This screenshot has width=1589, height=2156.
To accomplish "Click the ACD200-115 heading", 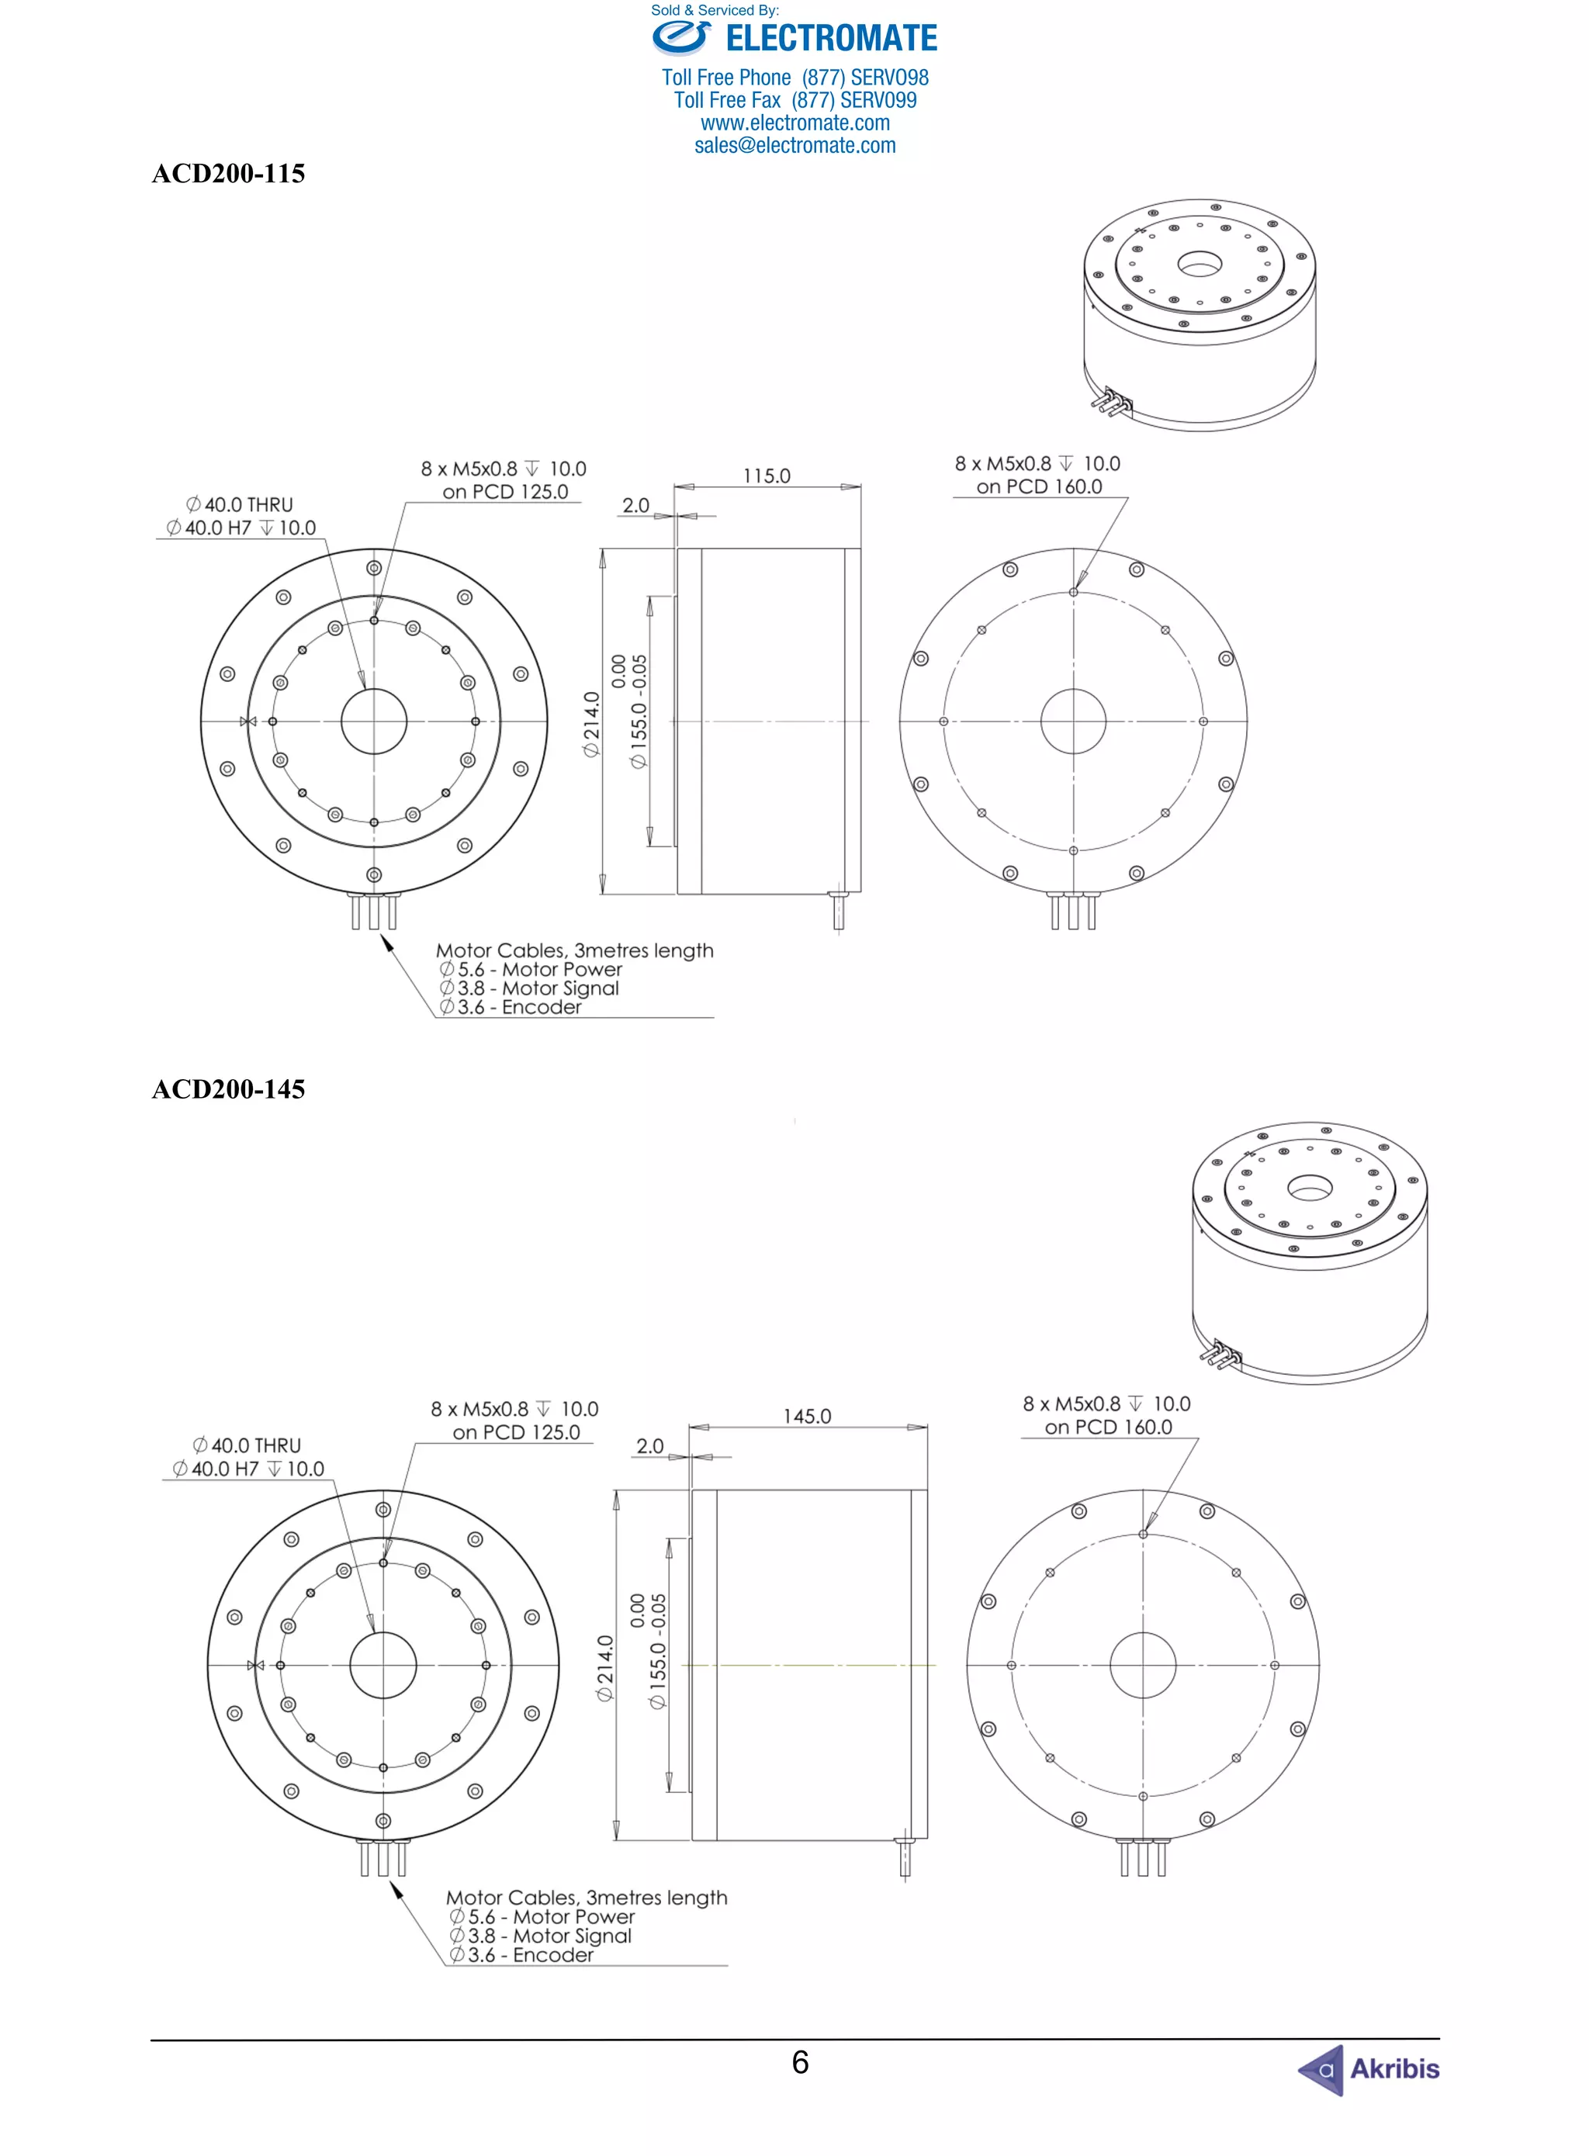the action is (x=228, y=174).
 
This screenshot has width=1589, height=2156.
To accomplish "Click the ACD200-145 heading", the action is (x=228, y=1089).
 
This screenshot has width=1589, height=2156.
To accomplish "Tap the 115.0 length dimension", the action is (x=767, y=476).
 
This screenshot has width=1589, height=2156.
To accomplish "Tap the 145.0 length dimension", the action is (x=807, y=1417).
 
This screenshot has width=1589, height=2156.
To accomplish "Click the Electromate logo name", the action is (x=831, y=39).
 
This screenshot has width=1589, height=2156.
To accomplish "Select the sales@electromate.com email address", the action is (x=794, y=146).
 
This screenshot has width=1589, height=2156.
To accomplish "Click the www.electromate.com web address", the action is (x=794, y=123).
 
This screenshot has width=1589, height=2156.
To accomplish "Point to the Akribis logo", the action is (x=1369, y=2068).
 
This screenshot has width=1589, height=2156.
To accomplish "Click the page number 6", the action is (x=799, y=2062).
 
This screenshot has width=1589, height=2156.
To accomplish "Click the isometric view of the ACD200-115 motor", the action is (x=1200, y=314).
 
